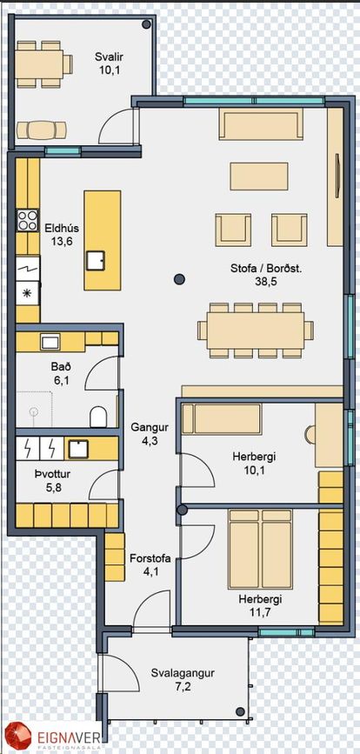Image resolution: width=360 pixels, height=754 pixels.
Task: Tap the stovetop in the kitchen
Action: click(x=28, y=221)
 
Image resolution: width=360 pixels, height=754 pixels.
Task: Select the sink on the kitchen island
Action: click(x=97, y=261)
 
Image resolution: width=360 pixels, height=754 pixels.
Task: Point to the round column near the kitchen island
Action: click(x=179, y=278)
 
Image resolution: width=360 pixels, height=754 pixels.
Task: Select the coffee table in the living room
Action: click(x=259, y=176)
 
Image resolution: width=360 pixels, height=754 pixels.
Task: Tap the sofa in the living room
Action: click(x=262, y=124)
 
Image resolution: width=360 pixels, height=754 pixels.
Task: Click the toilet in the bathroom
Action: click(x=99, y=417)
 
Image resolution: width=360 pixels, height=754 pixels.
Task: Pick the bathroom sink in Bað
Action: click(x=50, y=342)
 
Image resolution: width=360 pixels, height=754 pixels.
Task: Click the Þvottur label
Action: click(x=52, y=474)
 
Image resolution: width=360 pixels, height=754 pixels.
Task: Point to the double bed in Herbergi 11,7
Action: click(x=260, y=548)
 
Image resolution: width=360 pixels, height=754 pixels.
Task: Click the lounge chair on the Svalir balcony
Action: click(x=42, y=130)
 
